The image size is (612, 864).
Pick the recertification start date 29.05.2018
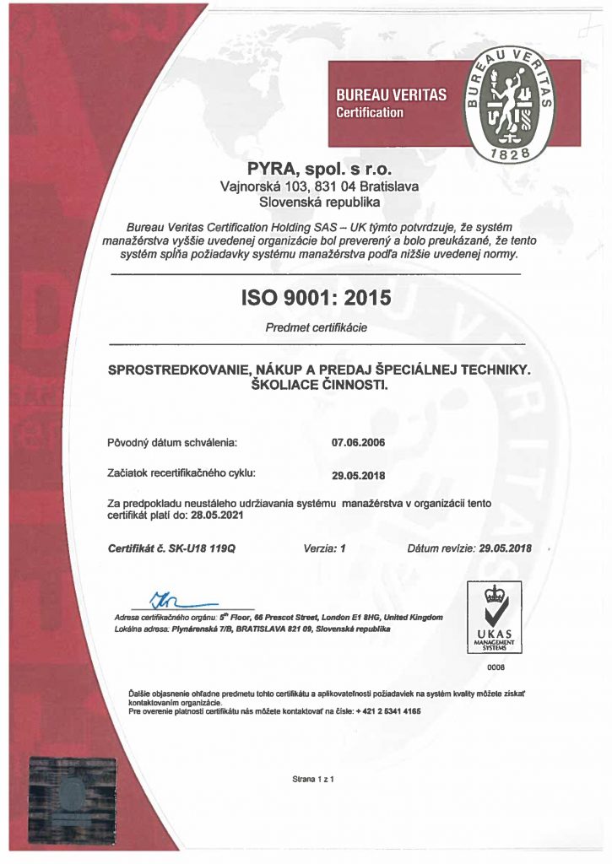click(359, 474)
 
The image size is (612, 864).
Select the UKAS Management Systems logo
click(495, 617)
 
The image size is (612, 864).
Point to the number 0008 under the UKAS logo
click(496, 667)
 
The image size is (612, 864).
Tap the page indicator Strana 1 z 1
click(313, 779)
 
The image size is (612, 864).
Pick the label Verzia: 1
click(324, 548)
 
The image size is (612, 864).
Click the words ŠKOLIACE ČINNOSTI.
click(317, 385)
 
